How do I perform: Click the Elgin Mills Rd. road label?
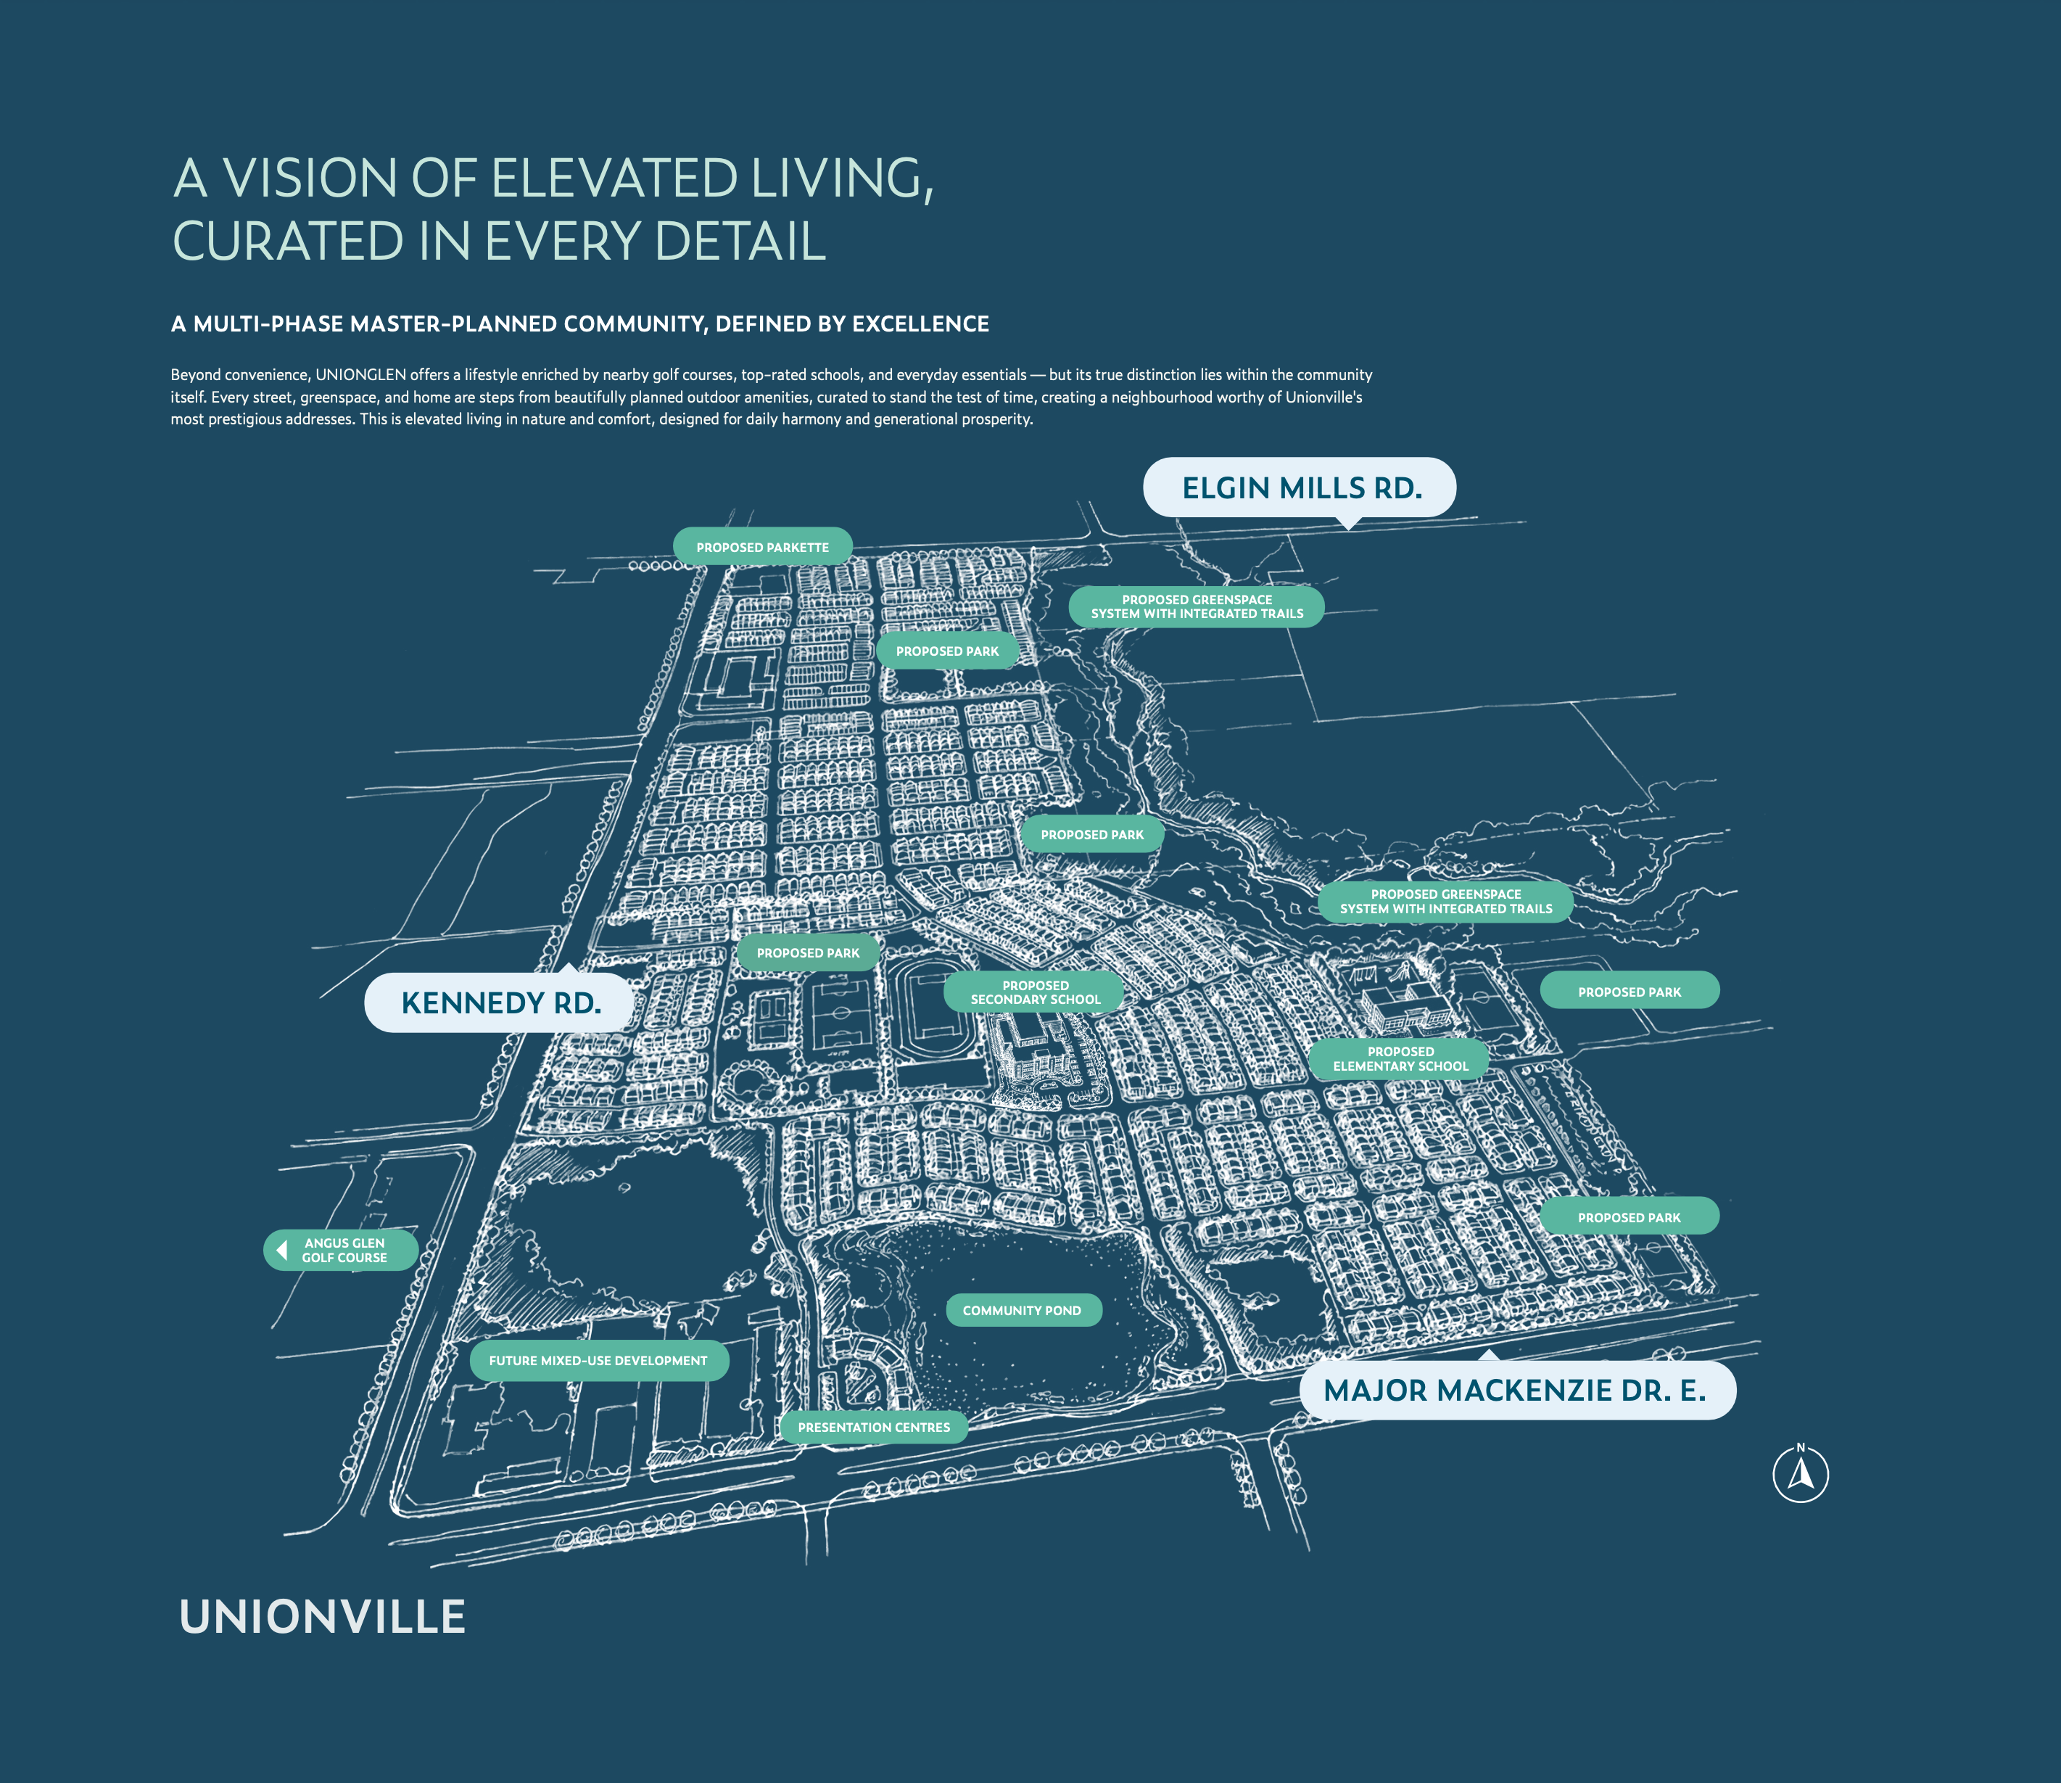pos(1300,487)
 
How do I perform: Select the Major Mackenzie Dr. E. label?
pos(1515,1390)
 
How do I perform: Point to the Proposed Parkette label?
pos(762,547)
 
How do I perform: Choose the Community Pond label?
pos(1022,1310)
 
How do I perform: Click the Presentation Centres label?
pos(873,1427)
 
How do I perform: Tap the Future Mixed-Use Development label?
pos(598,1360)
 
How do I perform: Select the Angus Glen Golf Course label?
pos(344,1250)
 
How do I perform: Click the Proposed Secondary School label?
pos(1034,992)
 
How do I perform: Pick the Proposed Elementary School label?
pos(1400,1058)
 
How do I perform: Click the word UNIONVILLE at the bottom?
pos(322,1617)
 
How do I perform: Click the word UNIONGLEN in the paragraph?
pos(360,375)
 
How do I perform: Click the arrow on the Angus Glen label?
pos(283,1250)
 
